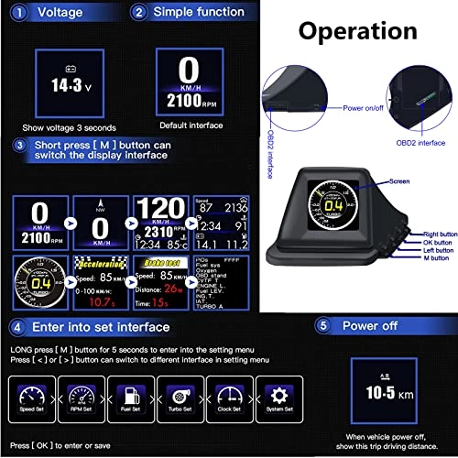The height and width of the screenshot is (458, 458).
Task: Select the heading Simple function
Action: pos(198,12)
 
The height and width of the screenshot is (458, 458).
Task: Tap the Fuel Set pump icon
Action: pos(134,398)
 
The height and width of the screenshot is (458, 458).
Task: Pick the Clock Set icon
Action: pos(229,398)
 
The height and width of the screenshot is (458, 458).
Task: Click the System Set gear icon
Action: pos(278,398)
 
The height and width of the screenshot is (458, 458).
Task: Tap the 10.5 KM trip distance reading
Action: pos(381,390)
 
